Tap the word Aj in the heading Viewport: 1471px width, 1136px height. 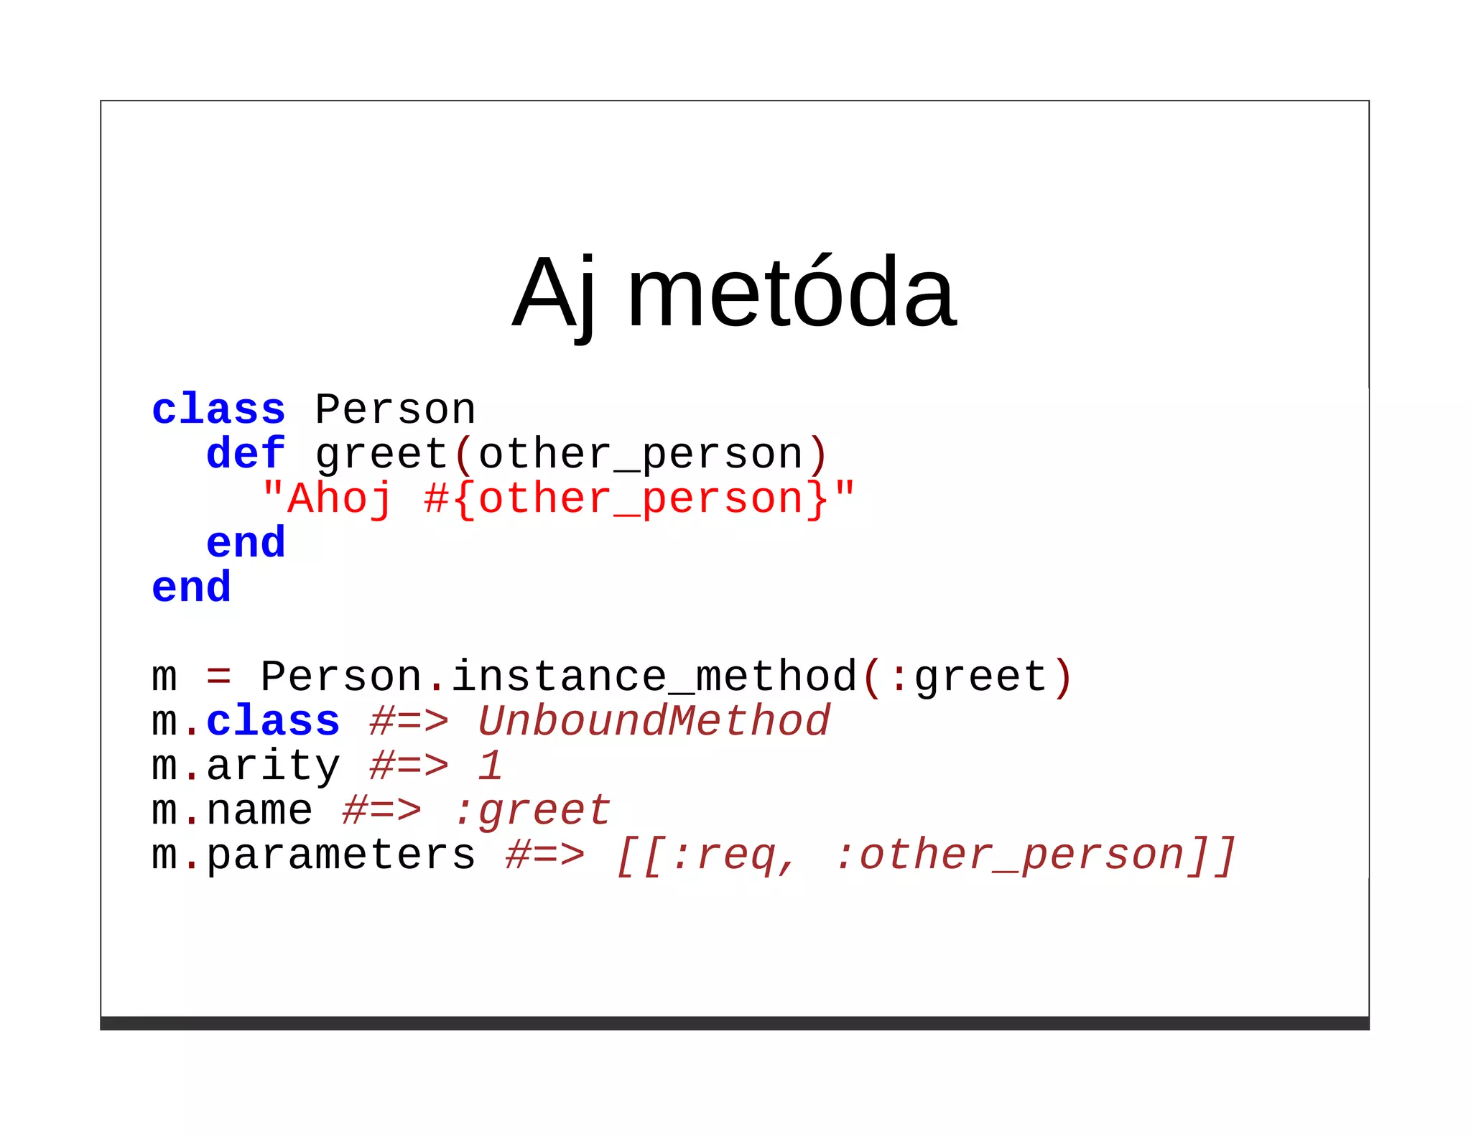coord(554,294)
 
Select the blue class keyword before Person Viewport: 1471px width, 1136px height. coord(218,410)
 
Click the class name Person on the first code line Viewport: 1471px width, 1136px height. coord(395,410)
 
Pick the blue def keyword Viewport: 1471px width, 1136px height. coord(246,455)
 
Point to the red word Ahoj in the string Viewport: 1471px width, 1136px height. coord(340,499)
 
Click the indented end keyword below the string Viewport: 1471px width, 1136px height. coord(246,543)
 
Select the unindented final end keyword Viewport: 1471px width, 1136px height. coord(191,587)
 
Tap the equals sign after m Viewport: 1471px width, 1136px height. coord(218,677)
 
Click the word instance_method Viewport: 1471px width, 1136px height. coord(654,677)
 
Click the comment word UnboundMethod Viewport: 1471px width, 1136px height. coord(654,722)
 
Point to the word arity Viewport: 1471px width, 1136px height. coord(273,766)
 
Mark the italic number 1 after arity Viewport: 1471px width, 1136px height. coord(491,766)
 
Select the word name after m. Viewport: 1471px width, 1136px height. coord(259,811)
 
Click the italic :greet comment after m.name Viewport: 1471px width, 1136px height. coord(532,811)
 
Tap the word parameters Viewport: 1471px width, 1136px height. coord(340,855)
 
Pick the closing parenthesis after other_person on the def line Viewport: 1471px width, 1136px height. coord(818,455)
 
